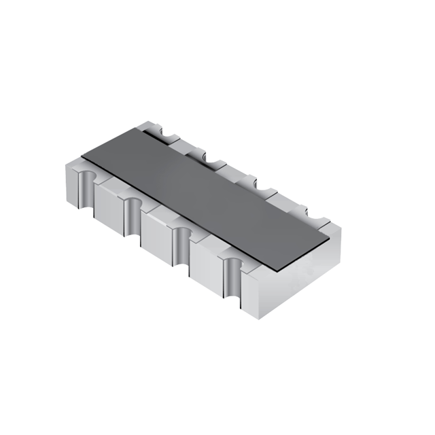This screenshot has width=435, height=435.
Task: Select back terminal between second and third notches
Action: (230, 171)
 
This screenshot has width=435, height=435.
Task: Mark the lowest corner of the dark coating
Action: (276, 268)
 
